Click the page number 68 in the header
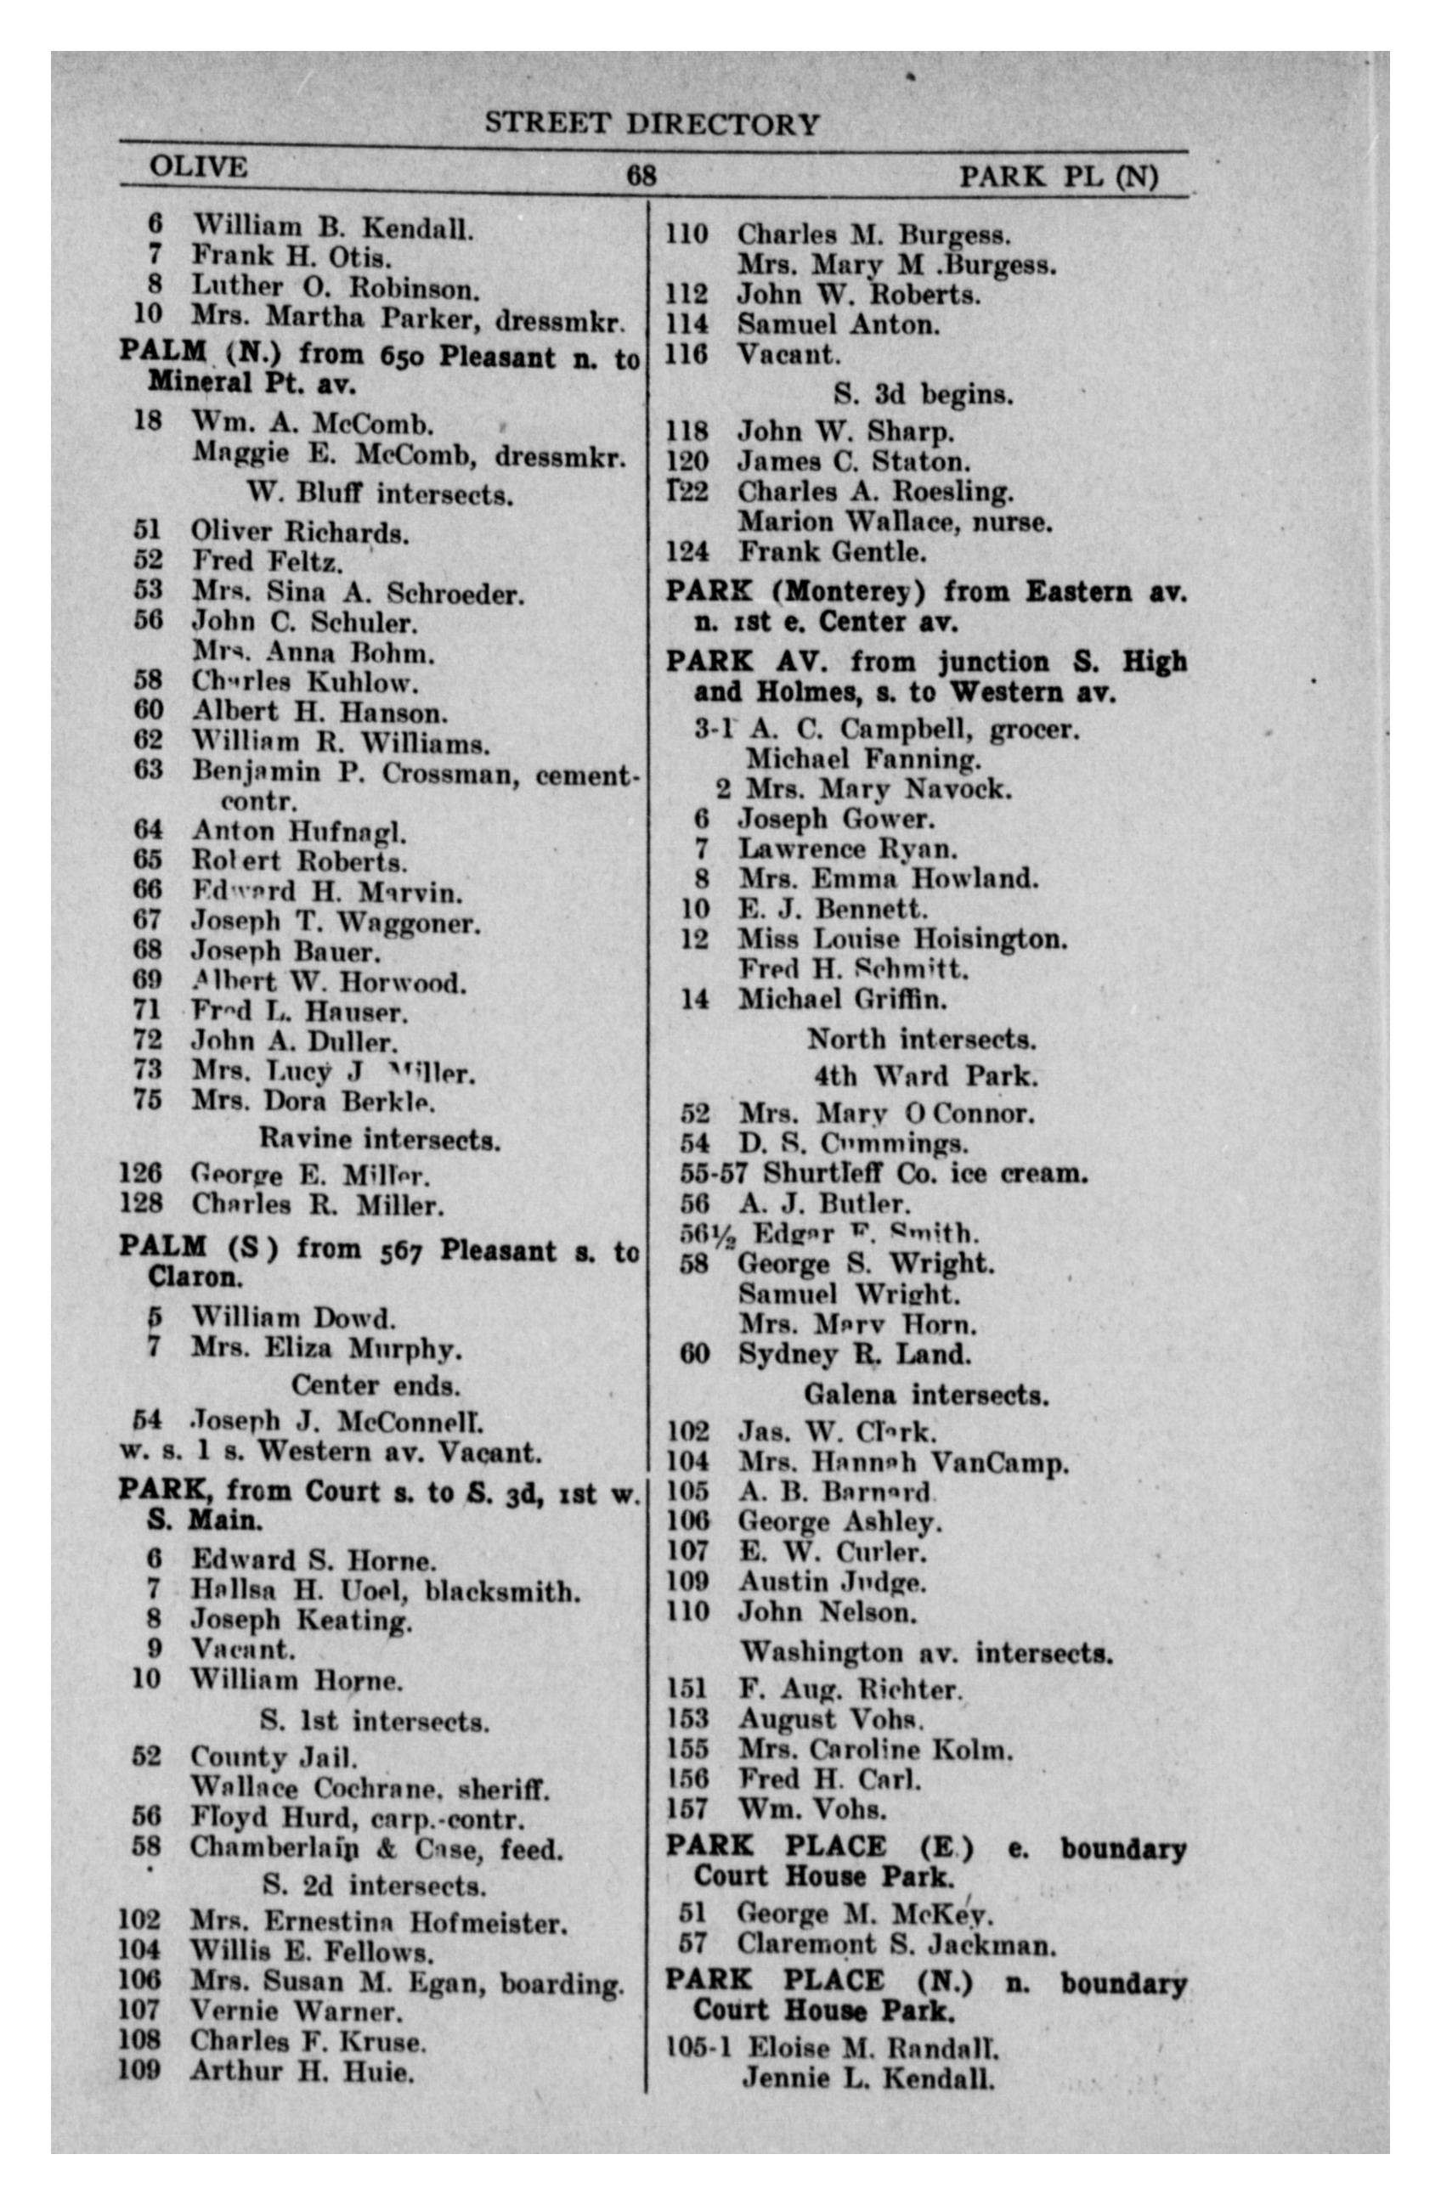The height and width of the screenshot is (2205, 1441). coord(641,176)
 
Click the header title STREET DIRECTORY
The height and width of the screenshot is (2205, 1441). coord(652,124)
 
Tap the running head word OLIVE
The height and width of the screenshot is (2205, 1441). coord(198,167)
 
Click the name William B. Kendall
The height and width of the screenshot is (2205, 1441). coord(333,226)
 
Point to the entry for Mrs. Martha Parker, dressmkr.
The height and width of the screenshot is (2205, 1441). coord(408,317)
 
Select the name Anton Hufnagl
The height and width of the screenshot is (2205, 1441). coord(298,831)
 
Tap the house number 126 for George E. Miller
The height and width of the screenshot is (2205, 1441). coord(140,1173)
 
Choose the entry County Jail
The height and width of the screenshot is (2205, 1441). coord(274,1757)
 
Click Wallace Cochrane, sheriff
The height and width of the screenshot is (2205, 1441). coord(369,1787)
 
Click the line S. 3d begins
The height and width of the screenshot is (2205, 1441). coord(922,395)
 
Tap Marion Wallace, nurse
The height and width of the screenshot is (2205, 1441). coord(895,522)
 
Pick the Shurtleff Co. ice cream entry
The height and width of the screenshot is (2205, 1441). coord(924,1173)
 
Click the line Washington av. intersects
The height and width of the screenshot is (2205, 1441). coord(926,1653)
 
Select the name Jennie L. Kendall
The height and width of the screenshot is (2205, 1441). coord(867,2078)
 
